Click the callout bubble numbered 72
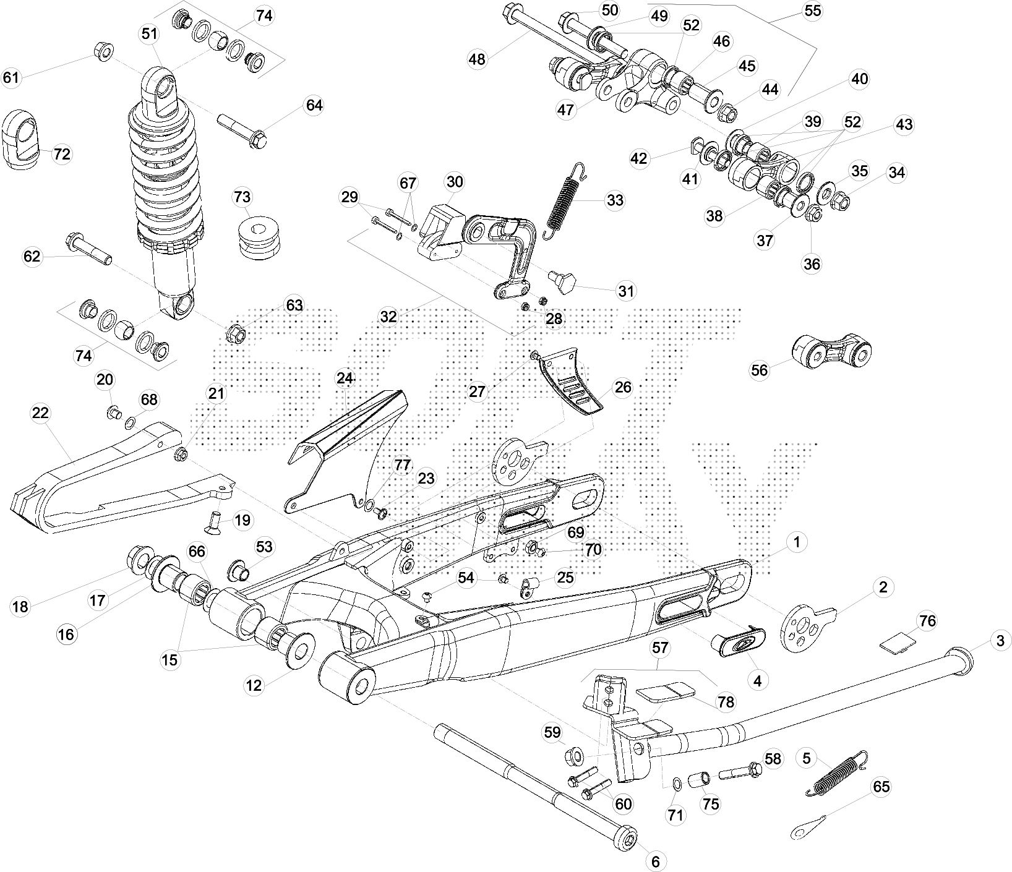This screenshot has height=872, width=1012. (62, 154)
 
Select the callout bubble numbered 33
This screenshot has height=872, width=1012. (615, 200)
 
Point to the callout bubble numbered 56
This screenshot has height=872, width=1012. (759, 370)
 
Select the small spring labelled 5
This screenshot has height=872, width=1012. (839, 772)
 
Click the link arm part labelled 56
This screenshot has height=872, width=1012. (832, 353)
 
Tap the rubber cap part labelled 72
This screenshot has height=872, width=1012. (22, 140)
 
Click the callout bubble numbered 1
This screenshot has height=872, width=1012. (797, 542)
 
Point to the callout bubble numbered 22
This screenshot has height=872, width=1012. (40, 413)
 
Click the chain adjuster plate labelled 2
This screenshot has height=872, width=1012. (807, 626)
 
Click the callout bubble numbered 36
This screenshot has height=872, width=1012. (812, 263)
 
